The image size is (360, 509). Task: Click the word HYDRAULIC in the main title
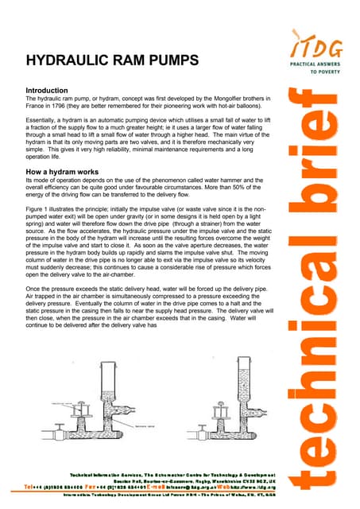[x=64, y=60]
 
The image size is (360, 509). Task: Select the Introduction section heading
[x=52, y=91]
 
